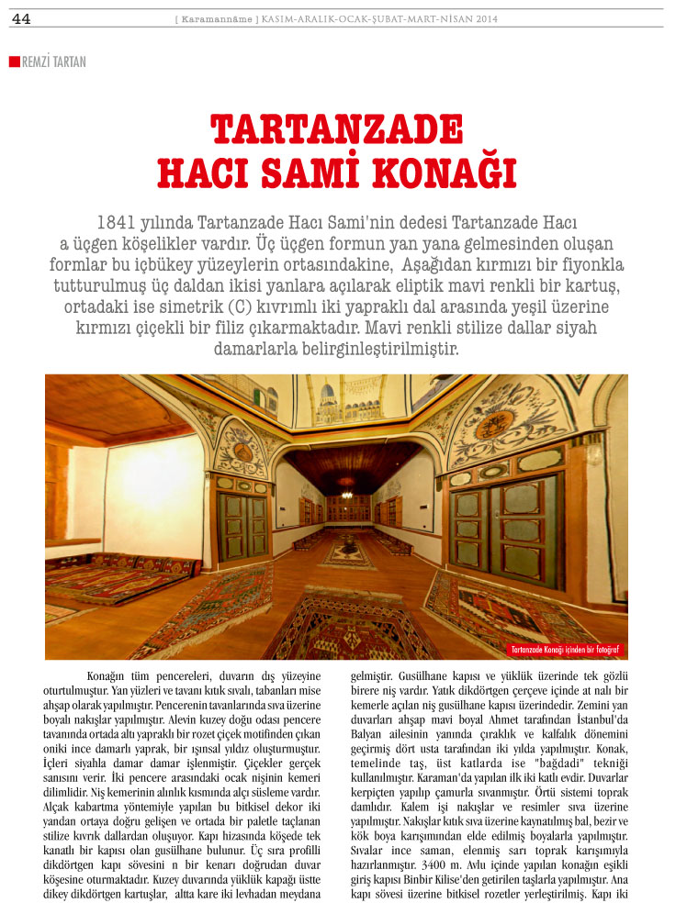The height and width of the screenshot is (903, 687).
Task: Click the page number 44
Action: click(21, 19)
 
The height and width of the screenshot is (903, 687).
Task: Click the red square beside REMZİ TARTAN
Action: click(14, 61)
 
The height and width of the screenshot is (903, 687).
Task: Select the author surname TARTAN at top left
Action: click(69, 62)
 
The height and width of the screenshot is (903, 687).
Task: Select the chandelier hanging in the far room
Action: click(347, 481)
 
